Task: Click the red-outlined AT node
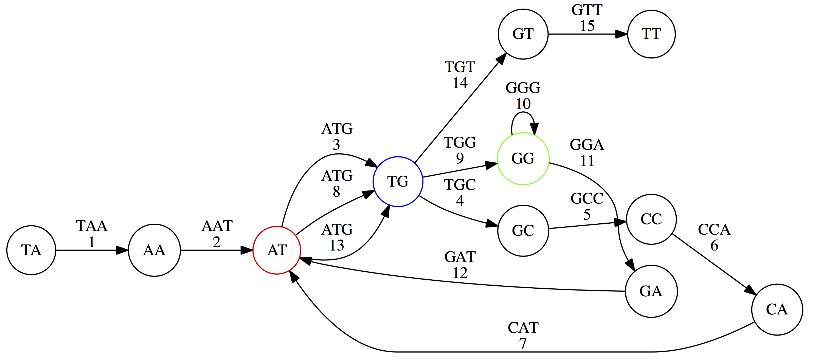pos(277,250)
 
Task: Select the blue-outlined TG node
pos(398,182)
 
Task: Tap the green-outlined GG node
pos(523,158)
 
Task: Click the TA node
pos(31,250)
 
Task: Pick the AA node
pos(154,250)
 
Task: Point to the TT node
pos(651,34)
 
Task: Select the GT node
pos(523,34)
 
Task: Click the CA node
pos(777,310)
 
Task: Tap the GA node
pos(651,291)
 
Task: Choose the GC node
pos(523,230)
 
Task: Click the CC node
pos(651,219)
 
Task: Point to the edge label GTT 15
pos(587,18)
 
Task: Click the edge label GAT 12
pos(460,265)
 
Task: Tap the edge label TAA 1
pos(92,234)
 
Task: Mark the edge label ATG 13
pos(337,237)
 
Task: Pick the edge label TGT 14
pos(460,75)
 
